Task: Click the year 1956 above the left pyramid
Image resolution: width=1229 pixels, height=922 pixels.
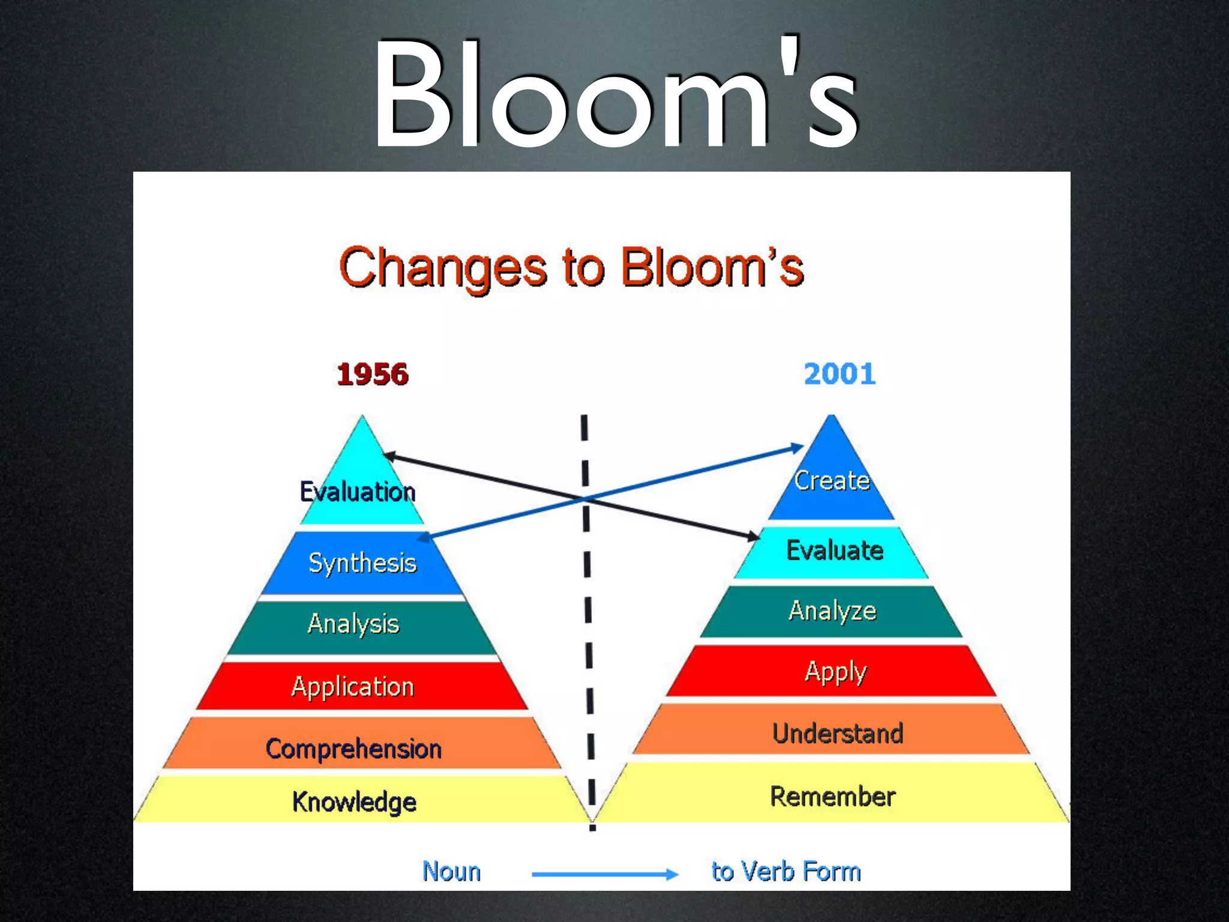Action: [x=372, y=374]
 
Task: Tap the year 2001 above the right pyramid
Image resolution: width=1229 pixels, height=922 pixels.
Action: [x=839, y=374]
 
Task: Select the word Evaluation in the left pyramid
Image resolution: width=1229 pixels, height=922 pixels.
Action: [x=358, y=492]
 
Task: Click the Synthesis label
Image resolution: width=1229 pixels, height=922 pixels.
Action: [x=362, y=563]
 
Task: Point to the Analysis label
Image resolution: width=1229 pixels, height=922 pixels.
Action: [x=353, y=624]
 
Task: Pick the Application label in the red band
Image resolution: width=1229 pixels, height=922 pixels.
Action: [x=353, y=687]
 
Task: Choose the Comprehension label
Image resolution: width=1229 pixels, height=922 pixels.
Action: [x=353, y=749]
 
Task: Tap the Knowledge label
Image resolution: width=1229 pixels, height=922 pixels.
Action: [x=354, y=802]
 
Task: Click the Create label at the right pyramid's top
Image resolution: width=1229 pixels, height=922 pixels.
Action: [x=832, y=480]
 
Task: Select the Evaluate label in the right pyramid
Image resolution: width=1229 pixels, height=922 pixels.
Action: [x=835, y=550]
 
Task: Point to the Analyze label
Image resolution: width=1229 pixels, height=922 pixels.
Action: [x=832, y=611]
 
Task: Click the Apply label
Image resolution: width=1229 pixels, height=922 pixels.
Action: [x=835, y=672]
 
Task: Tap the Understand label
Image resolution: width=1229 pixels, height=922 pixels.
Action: [x=838, y=734]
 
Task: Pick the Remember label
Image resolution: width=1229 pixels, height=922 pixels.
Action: [x=833, y=797]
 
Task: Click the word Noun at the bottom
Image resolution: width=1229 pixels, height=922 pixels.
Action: [x=451, y=872]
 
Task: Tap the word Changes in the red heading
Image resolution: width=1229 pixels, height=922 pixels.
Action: [x=443, y=268]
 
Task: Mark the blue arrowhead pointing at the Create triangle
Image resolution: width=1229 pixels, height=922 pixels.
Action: [x=796, y=448]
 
